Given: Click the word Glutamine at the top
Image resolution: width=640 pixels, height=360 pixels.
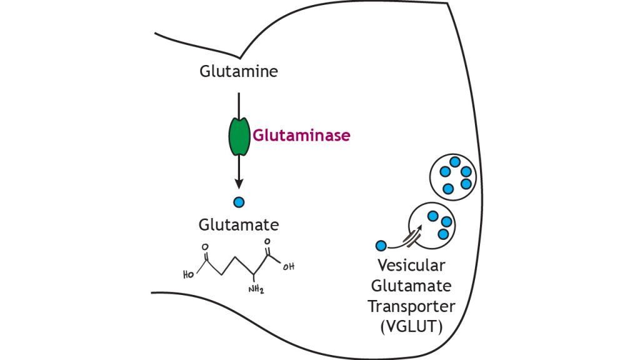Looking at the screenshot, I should click(x=238, y=71).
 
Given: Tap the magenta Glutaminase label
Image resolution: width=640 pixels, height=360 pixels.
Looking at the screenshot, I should click(x=301, y=135).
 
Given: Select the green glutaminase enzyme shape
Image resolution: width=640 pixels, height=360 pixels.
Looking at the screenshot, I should click(x=237, y=134).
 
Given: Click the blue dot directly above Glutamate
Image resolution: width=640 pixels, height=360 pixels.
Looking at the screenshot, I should click(x=238, y=202).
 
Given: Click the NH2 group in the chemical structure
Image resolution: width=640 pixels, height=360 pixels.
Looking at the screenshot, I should click(x=256, y=288).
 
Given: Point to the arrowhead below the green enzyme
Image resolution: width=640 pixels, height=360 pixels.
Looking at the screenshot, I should click(x=238, y=182).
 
